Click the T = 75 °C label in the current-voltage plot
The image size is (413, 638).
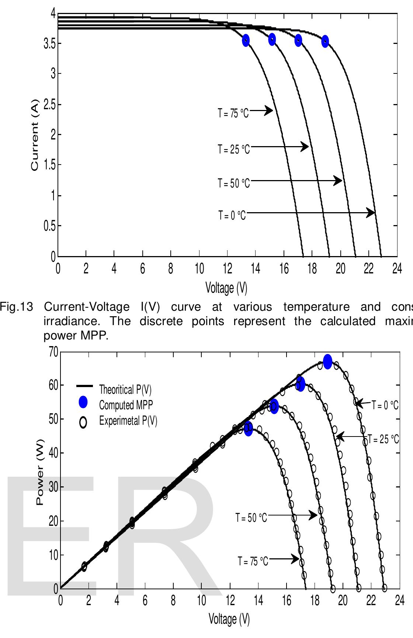tap(233, 113)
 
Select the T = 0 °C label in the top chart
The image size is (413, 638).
tap(232, 215)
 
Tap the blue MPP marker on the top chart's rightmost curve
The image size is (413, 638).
tap(325, 41)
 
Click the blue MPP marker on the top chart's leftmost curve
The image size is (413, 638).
tap(246, 41)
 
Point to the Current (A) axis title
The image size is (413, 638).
tap(35, 135)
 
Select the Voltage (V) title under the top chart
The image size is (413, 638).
tap(226, 287)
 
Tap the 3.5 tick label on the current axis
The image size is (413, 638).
tap(49, 44)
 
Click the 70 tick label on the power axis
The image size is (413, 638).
tap(53, 352)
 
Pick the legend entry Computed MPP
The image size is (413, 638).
tap(126, 405)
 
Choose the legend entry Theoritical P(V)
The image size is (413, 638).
tap(125, 389)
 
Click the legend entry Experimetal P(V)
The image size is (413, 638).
tap(128, 421)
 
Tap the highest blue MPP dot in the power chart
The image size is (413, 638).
tap(327, 361)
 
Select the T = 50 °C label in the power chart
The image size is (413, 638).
tap(251, 518)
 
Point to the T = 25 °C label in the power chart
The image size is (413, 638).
tap(383, 439)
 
